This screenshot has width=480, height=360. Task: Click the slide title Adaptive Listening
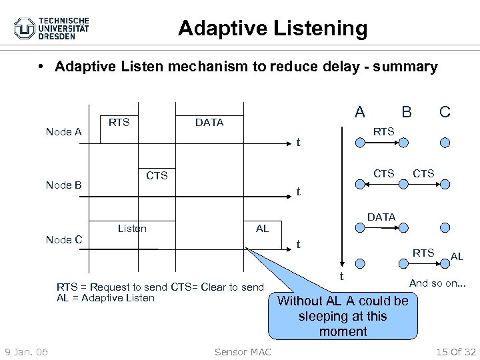(x=273, y=28)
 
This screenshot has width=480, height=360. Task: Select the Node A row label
(x=63, y=132)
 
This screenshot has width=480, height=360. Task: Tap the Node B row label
(x=63, y=185)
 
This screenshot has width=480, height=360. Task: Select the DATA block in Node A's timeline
(x=209, y=123)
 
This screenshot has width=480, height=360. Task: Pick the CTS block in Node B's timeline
(x=157, y=176)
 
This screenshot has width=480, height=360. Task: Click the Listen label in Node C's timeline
(x=132, y=229)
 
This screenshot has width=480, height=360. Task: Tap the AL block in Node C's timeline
(x=263, y=229)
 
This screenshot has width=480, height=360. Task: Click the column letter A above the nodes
(x=359, y=111)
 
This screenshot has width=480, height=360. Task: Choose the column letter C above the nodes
(x=445, y=111)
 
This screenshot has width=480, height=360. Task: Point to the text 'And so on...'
(x=437, y=283)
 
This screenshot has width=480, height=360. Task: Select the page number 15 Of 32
(x=451, y=352)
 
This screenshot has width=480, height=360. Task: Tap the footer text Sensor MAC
(x=243, y=352)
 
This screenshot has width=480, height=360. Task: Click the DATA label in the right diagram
(x=381, y=217)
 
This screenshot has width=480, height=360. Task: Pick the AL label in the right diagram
(x=457, y=257)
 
